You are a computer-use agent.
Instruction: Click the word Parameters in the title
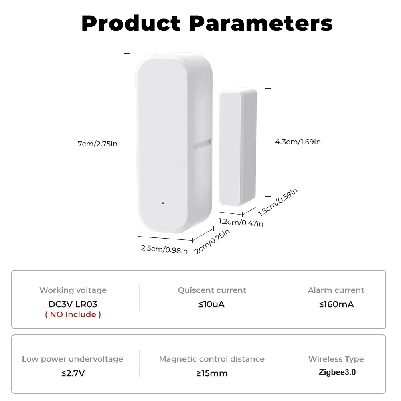click(x=261, y=24)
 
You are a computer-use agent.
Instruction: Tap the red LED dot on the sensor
click(x=163, y=203)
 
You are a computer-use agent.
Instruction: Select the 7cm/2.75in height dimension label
click(x=97, y=144)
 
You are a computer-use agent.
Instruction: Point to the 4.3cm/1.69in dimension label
click(x=298, y=142)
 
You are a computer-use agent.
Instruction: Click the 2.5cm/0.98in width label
click(x=164, y=249)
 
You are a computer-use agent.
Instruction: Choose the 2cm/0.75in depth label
click(x=212, y=241)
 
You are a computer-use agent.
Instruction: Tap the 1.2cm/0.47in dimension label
click(x=241, y=222)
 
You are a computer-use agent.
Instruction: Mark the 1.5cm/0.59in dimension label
click(x=277, y=203)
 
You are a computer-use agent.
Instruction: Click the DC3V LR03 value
click(x=73, y=304)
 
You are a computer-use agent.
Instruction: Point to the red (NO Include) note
click(x=73, y=314)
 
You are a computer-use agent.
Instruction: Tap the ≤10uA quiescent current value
click(x=211, y=304)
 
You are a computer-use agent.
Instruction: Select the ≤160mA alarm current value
click(x=336, y=304)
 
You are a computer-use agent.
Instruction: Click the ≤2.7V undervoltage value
click(x=73, y=373)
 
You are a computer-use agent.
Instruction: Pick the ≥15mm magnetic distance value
click(x=212, y=373)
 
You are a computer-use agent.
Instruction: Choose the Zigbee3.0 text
click(x=337, y=372)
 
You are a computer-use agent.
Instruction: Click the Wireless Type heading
click(x=336, y=359)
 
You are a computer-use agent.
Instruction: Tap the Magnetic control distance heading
click(x=212, y=359)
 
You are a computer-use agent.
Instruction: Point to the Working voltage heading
click(x=73, y=290)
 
